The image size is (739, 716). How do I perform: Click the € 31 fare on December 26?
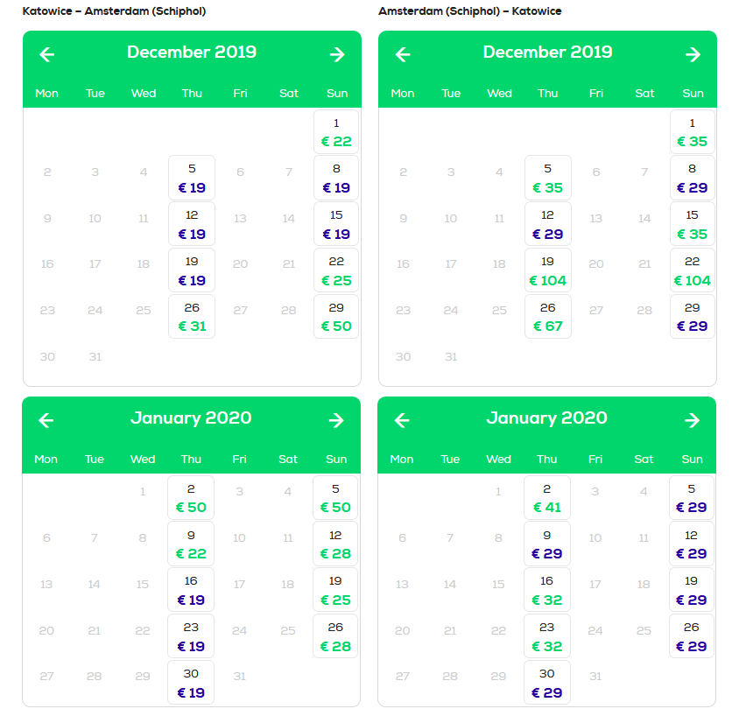(192, 326)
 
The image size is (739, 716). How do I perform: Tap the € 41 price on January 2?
(546, 507)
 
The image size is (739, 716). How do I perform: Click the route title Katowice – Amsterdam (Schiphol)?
(114, 11)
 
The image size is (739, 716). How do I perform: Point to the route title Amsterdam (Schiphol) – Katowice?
(470, 11)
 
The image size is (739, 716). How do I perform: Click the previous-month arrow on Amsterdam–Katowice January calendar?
(402, 420)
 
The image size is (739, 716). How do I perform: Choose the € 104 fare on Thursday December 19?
(547, 280)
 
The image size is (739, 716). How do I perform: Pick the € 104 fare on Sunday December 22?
(692, 280)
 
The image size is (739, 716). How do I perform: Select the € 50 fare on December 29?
(336, 326)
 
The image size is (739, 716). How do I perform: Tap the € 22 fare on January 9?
(191, 553)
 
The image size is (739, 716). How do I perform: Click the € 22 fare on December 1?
(336, 141)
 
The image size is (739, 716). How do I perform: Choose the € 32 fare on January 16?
(546, 600)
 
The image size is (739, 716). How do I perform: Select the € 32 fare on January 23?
(546, 646)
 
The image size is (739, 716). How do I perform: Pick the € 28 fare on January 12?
(335, 553)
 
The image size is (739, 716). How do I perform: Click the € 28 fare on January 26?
(335, 646)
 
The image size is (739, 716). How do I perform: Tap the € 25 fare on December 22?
(336, 280)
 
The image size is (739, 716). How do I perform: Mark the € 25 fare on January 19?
(335, 600)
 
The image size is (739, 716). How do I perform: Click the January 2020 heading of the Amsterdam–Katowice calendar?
(546, 418)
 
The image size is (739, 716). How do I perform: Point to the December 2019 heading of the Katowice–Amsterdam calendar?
(192, 52)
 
